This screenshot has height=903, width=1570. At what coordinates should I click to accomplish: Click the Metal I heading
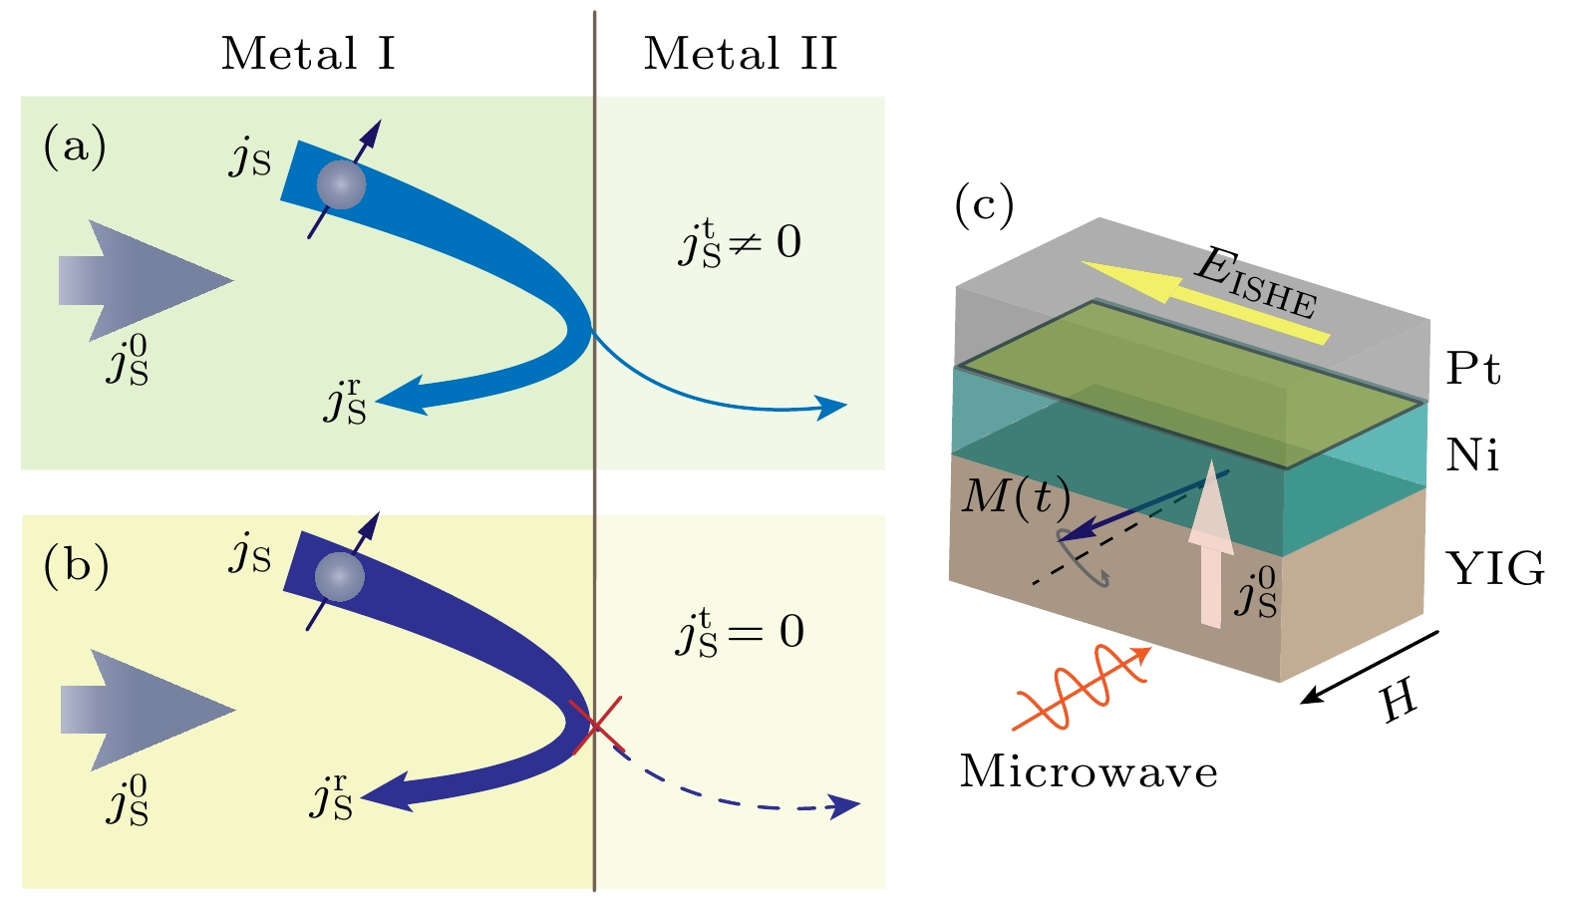point(308,54)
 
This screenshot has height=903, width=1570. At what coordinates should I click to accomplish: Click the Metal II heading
point(741,54)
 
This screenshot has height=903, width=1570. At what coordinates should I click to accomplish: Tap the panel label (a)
point(75,148)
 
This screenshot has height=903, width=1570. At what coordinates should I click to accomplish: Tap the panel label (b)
point(76,565)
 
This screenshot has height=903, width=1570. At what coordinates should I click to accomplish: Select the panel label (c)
point(984,204)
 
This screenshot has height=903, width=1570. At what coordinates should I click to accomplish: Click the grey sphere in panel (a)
point(341,184)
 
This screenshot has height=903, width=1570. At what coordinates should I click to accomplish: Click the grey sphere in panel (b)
point(339,577)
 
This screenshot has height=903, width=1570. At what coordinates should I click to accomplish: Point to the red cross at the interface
point(596,725)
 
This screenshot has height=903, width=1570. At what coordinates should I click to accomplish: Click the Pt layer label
point(1473,369)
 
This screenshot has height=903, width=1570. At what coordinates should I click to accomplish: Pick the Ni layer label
point(1472,455)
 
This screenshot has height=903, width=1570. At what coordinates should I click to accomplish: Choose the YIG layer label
point(1495,569)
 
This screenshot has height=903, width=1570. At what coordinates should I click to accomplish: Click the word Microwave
point(1089,772)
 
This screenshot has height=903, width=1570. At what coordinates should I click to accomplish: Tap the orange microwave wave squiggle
point(1082,687)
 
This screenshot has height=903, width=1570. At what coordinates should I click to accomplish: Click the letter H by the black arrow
point(1400,702)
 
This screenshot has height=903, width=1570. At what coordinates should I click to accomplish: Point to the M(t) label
point(1016,495)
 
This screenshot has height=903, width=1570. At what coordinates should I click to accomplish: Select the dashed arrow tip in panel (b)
point(847,806)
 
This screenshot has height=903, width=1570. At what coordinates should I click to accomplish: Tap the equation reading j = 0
point(740,633)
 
